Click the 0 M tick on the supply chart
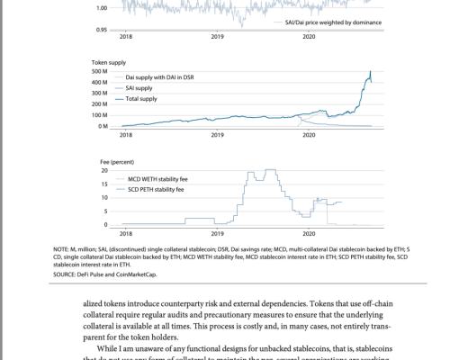click(x=103, y=126)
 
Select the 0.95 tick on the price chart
click(x=102, y=29)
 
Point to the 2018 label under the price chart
click(x=125, y=37)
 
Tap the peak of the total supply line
click(x=370, y=72)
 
